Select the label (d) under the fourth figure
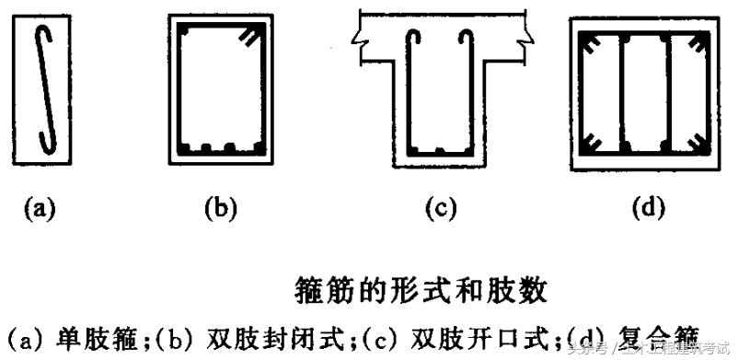click(649, 208)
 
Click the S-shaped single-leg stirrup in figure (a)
click(45, 87)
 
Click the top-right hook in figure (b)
click(248, 35)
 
